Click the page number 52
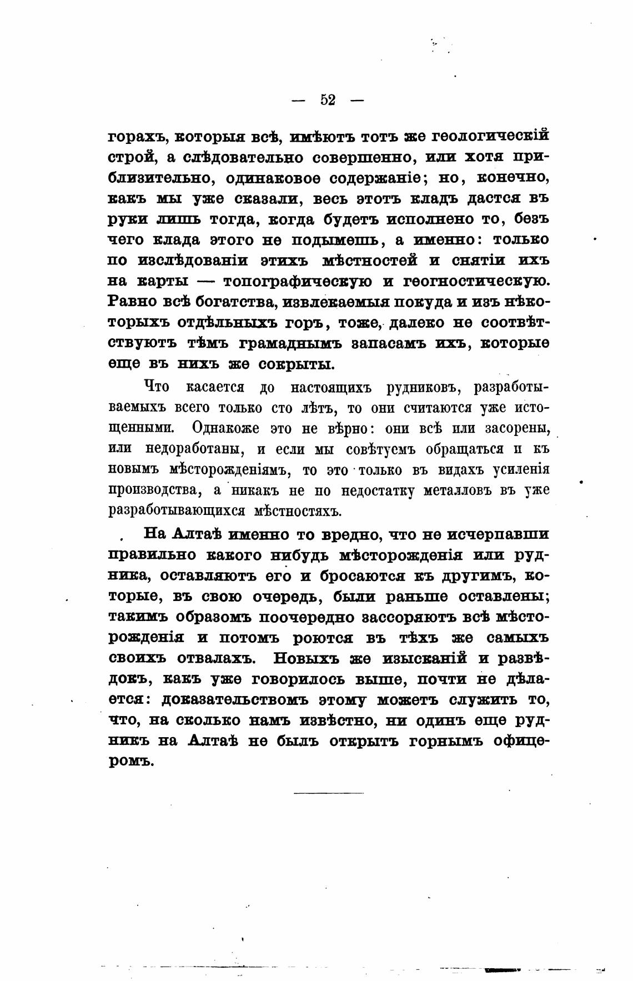click(328, 100)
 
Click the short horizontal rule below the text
click(328, 792)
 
